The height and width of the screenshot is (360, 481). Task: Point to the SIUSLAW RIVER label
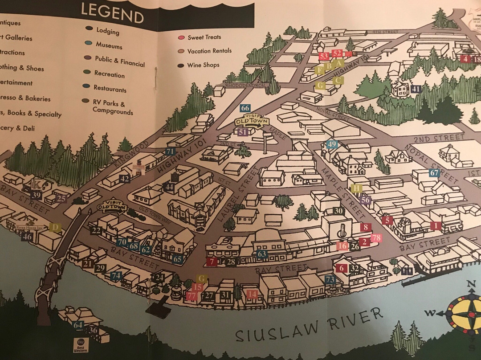pos(309,325)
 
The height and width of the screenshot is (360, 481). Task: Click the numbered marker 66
pos(245,108)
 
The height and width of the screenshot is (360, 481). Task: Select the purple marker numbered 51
pos(243,132)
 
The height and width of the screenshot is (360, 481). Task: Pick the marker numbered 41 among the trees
pos(416,89)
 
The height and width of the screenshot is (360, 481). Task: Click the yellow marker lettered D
pos(55,228)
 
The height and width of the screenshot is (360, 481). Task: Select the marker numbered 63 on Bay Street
pos(261,254)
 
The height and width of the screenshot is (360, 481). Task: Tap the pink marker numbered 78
pos(376,238)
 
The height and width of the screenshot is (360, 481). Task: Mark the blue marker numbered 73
pos(330,279)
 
